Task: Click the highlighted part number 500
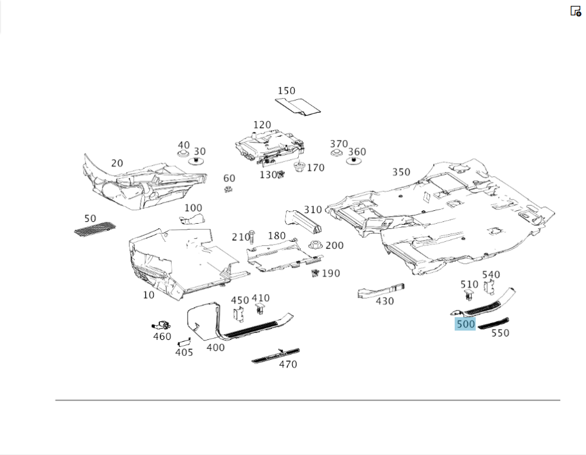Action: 465,323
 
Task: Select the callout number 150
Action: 287,91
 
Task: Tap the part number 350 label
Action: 401,172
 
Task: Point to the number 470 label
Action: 288,365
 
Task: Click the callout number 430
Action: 385,301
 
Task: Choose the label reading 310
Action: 313,210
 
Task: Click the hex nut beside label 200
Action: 315,245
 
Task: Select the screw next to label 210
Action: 251,237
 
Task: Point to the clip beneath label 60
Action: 229,189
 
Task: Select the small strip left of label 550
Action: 493,323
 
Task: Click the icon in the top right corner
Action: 575,11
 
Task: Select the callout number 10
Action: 149,295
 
